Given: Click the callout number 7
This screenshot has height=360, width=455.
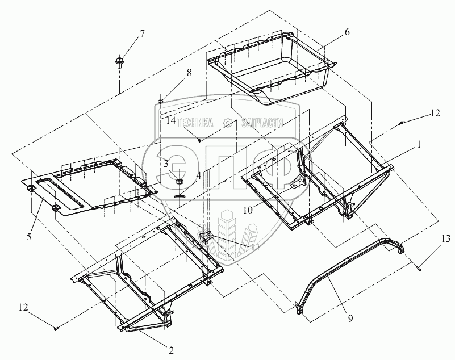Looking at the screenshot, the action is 141,34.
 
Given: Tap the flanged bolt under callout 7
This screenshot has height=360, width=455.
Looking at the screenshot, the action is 119,62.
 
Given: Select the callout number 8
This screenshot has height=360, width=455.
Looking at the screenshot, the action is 189,73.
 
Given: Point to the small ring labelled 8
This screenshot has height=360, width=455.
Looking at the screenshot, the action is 160,101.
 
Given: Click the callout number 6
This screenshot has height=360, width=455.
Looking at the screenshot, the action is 347,32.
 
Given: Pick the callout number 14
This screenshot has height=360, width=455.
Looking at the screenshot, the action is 171,120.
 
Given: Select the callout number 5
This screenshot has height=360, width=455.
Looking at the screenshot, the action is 29,237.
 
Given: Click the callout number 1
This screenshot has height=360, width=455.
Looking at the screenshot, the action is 419,144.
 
